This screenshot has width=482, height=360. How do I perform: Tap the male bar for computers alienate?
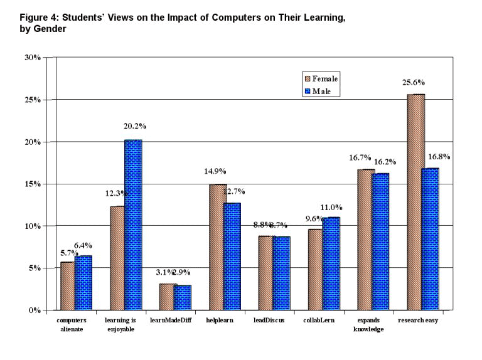83,283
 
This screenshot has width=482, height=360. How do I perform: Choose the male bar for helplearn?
232,257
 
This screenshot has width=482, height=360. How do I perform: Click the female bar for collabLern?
315,270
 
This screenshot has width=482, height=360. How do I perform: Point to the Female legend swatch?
308,79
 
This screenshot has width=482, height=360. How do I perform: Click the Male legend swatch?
308,92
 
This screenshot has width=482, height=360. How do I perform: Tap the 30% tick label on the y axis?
32,57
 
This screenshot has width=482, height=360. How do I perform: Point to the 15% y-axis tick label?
32,184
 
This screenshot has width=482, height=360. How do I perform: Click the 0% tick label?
35,310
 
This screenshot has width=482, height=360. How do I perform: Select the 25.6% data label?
415,82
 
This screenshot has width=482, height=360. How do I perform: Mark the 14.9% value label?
214,171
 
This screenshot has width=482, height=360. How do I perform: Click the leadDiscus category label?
269,320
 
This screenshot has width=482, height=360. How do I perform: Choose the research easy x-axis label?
418,320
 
